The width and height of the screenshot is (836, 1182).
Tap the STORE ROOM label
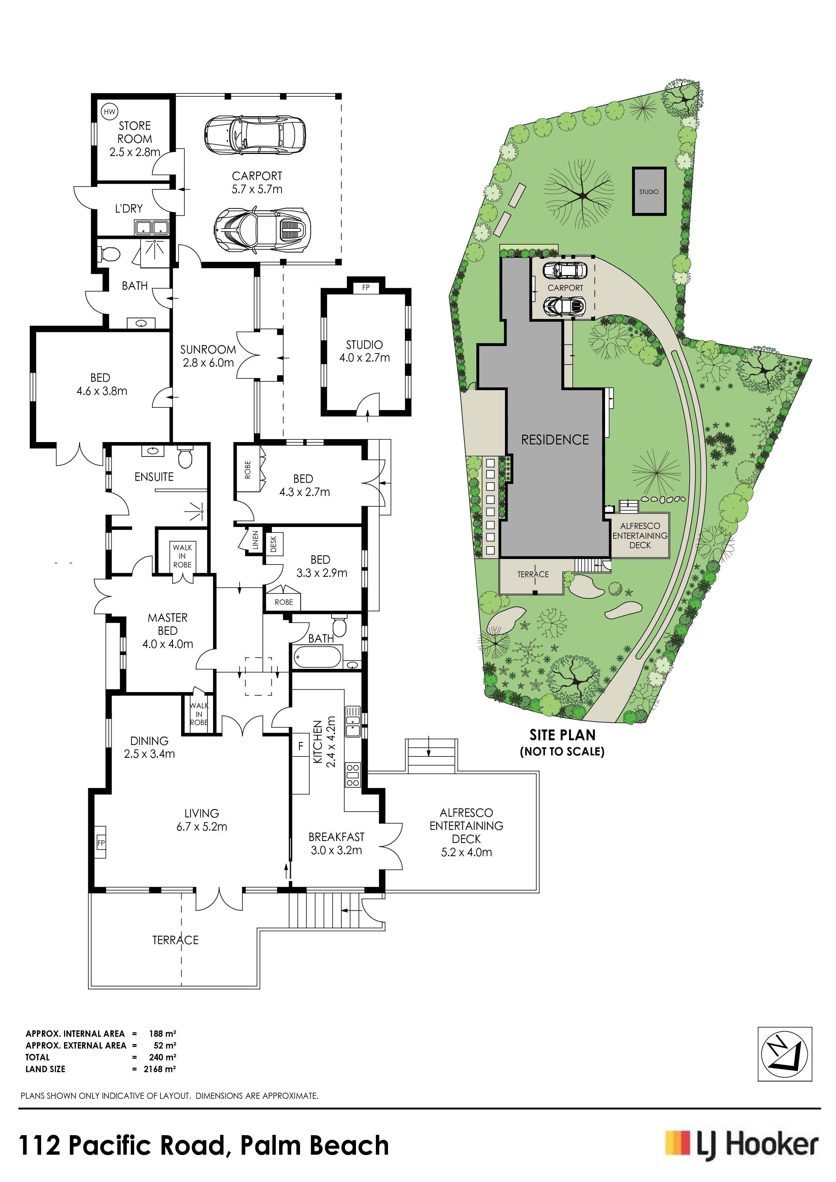135,132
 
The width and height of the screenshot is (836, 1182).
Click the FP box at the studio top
366,287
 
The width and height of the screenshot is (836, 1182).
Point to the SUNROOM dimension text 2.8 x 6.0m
208,363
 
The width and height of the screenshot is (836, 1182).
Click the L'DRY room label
129,209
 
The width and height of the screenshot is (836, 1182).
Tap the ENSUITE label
154,477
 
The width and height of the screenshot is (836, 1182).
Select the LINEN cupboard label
256,540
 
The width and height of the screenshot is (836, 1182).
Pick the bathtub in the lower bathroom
317,657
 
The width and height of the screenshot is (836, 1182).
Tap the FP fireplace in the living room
101,843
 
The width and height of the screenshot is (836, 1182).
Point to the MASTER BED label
168,624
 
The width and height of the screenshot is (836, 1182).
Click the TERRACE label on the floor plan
175,940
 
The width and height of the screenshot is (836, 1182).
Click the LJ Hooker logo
741,1146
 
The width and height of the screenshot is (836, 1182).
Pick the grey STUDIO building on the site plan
649,191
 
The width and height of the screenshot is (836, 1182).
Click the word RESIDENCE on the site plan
555,440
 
